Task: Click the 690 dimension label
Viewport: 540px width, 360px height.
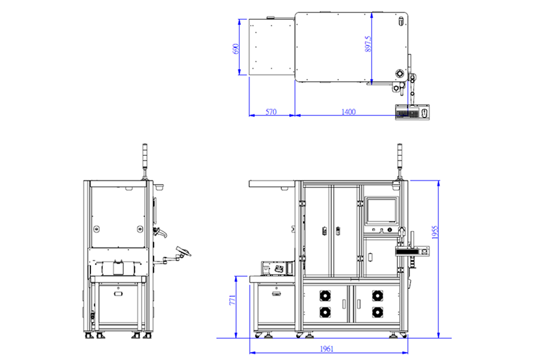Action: tap(236, 48)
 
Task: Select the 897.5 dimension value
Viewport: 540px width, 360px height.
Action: tap(368, 44)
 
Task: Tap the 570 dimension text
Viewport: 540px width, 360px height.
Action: tap(271, 111)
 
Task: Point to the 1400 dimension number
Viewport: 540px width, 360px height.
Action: tap(348, 111)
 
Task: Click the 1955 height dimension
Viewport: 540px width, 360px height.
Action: tap(435, 233)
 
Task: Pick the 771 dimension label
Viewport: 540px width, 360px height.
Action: tap(232, 300)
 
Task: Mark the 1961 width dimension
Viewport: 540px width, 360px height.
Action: tap(327, 349)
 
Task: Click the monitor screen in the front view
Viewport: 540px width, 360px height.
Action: tap(381, 210)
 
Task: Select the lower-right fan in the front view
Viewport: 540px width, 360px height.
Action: tap(378, 312)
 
